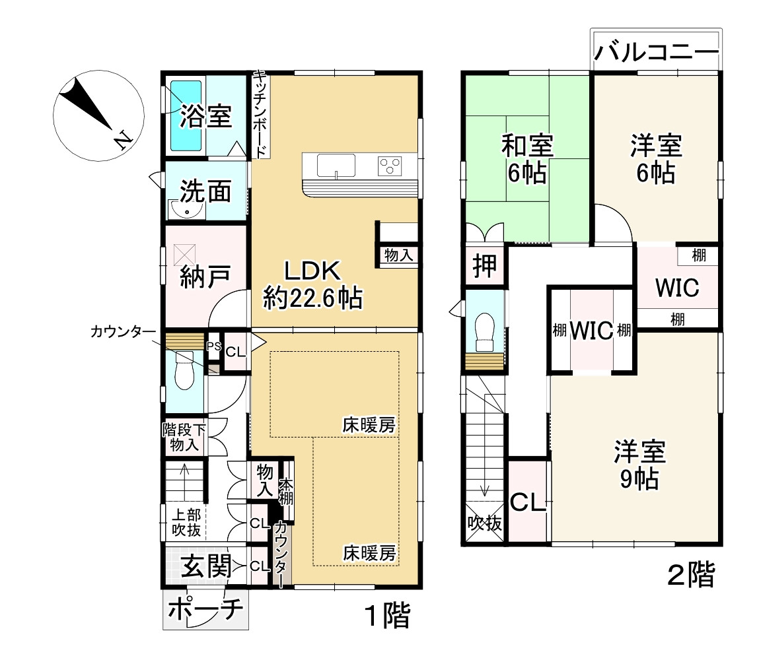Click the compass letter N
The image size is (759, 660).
pos(122,139)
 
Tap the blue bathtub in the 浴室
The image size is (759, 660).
pos(186,115)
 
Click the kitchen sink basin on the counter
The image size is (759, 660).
pos(336,166)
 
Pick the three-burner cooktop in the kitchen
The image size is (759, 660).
pos(390,166)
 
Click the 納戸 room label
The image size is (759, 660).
pos(205,277)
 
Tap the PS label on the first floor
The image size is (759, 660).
pos(213,346)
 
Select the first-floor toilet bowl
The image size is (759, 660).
pos(184,374)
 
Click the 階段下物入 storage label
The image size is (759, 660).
pos(184,437)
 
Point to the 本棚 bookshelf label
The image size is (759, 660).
pos(287,492)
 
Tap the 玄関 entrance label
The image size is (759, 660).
pos(206,566)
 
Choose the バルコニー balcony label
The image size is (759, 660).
pos(656,51)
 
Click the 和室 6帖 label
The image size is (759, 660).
pos(527,158)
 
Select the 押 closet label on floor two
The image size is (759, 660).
pos(485,265)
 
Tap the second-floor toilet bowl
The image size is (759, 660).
pos(485,332)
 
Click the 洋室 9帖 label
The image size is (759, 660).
pos(639,465)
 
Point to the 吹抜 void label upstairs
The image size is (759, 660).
pos(485,523)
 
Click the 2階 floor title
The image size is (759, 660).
pos(691,575)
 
